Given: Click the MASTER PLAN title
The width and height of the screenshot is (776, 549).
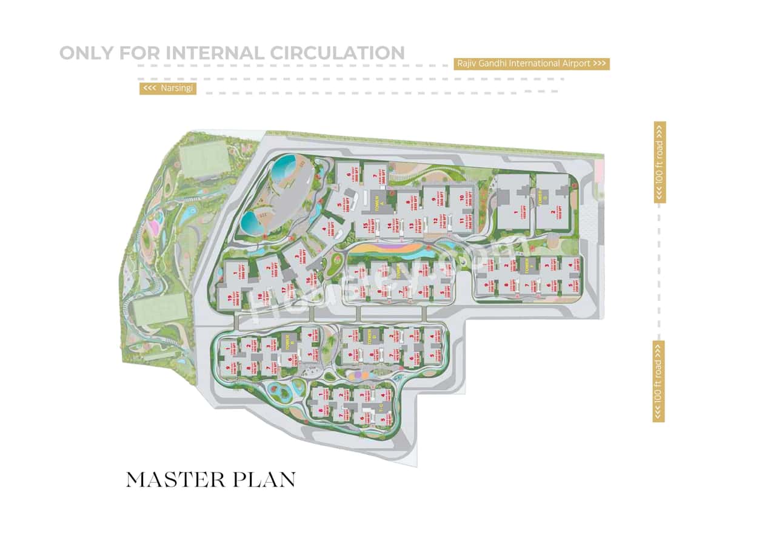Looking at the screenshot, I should [x=210, y=479].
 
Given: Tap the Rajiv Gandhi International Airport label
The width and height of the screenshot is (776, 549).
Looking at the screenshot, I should [x=531, y=64].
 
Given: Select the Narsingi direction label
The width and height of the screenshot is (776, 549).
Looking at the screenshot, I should [x=168, y=89].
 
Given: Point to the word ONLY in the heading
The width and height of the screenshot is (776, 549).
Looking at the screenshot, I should [x=86, y=53].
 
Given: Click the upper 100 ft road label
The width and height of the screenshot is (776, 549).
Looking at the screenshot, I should [x=660, y=162].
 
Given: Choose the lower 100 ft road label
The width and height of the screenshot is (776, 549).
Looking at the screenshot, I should [x=658, y=381].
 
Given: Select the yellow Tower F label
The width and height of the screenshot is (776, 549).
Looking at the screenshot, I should [x=527, y=267].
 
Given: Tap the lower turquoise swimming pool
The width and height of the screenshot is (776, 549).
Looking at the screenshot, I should [x=253, y=223].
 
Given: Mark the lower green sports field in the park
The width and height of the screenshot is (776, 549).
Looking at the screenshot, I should [x=159, y=309].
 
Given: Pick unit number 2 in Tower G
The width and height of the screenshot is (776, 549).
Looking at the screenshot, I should [x=553, y=213].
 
